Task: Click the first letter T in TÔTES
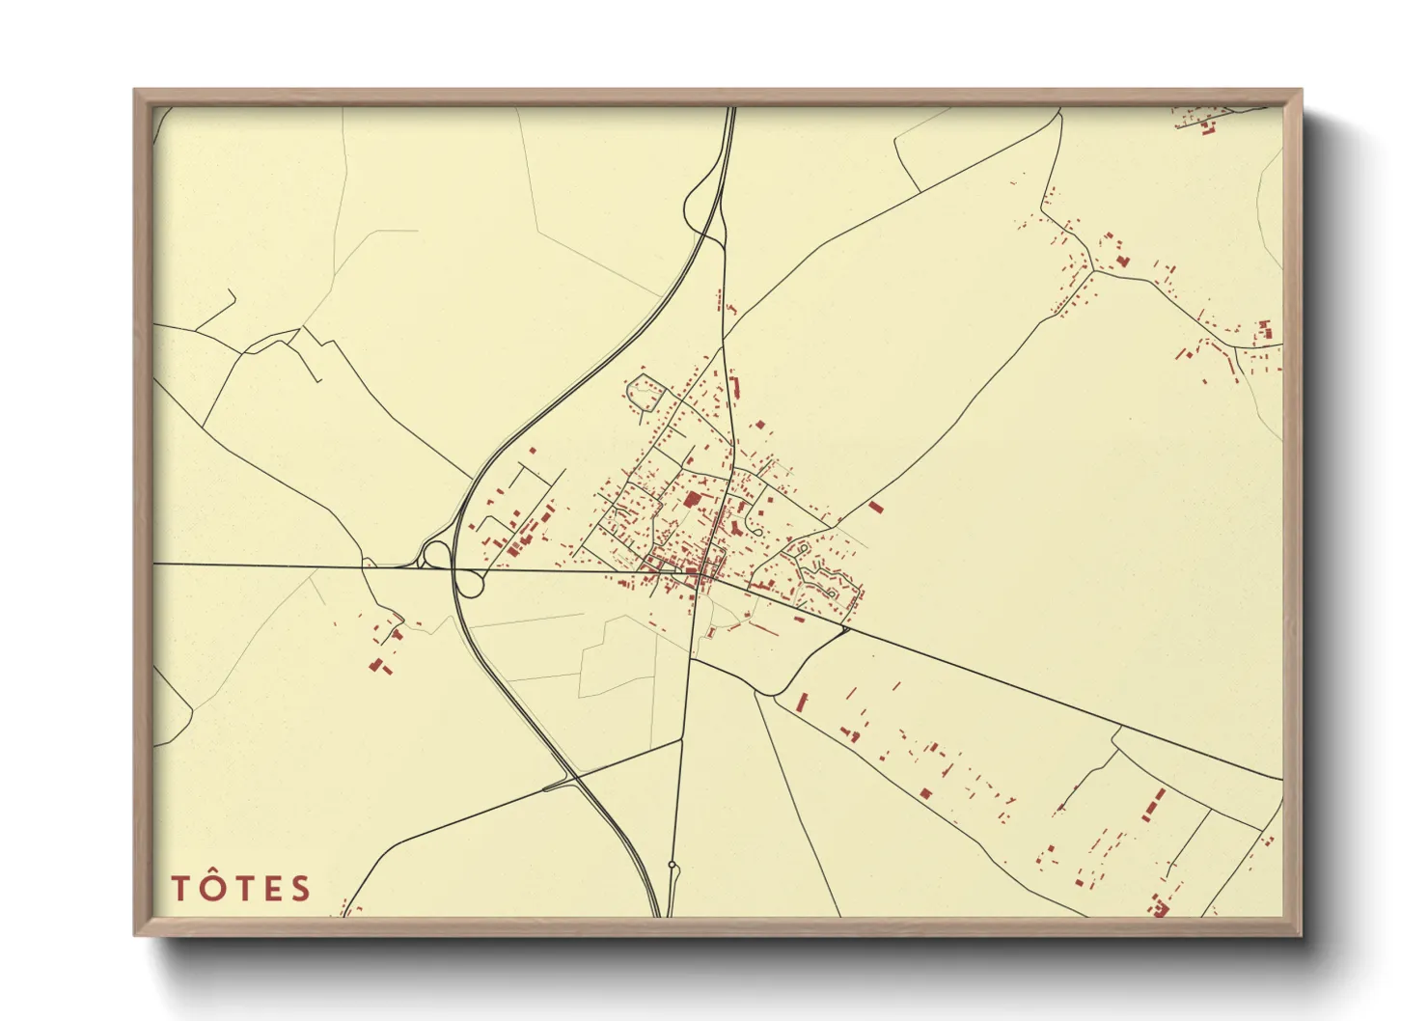pyautogui.click(x=180, y=889)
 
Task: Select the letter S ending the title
pyautogui.click(x=301, y=889)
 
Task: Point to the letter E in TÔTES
pyautogui.click(x=271, y=889)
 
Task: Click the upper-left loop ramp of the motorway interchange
pyautogui.click(x=435, y=555)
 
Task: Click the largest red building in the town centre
pyautogui.click(x=693, y=500)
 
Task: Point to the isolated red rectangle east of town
pyautogui.click(x=875, y=506)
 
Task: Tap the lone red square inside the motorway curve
pyautogui.click(x=532, y=450)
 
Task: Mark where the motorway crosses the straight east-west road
pyautogui.click(x=454, y=568)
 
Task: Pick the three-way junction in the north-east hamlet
pyautogui.click(x=1092, y=272)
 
